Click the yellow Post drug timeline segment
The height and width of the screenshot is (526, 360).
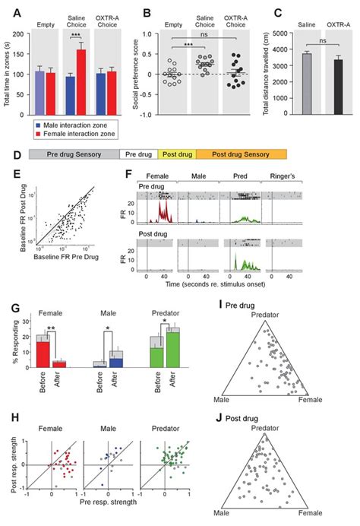(179, 154)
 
